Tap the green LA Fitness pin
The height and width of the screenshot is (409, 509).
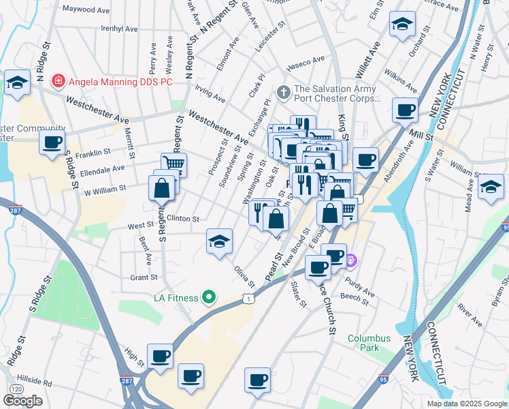[210, 298]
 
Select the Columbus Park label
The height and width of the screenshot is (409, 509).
[369, 343]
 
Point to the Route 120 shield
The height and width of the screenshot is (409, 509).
[16, 388]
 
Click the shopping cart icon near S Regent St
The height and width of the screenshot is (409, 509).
[174, 164]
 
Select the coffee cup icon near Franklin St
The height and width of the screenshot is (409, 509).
[52, 143]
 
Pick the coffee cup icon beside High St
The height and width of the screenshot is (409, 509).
[160, 356]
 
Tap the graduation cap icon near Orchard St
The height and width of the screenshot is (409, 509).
[402, 24]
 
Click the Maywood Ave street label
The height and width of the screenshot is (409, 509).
[86, 11]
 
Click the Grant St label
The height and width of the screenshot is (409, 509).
[144, 277]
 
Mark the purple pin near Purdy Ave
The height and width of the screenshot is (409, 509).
[351, 260]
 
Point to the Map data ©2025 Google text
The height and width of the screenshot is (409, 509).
[467, 404]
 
